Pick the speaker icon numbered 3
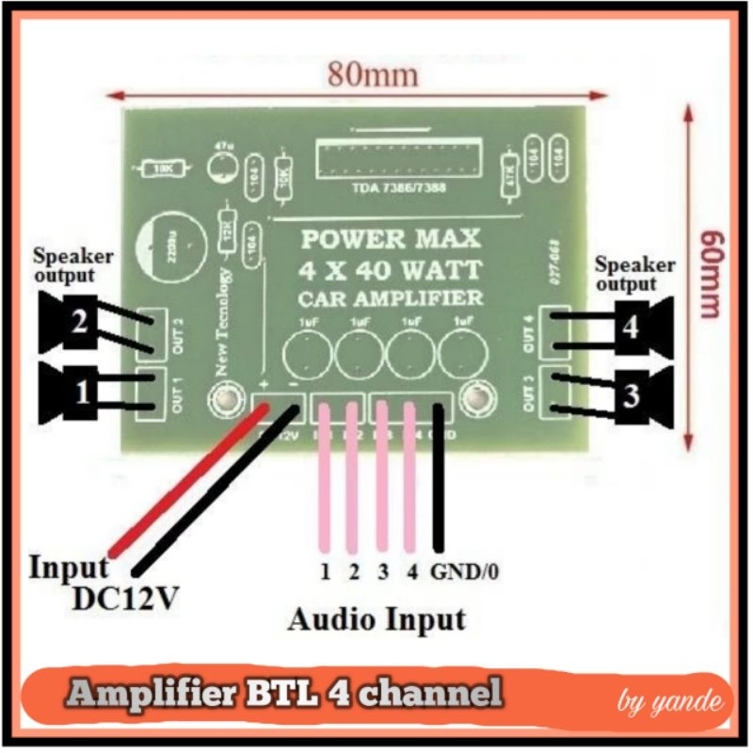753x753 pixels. [640, 396]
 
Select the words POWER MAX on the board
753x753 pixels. [390, 238]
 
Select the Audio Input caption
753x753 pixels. [376, 619]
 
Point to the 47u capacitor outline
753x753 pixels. [224, 168]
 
